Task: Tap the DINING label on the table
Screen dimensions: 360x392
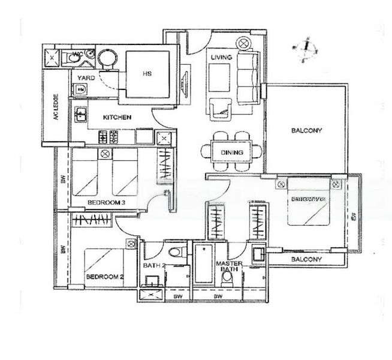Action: [231, 152]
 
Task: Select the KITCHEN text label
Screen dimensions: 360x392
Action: [117, 118]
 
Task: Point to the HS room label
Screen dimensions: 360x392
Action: [147, 75]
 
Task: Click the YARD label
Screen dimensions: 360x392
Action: [86, 78]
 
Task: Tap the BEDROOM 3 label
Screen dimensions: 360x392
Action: [105, 203]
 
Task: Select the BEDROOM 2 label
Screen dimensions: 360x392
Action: [104, 277]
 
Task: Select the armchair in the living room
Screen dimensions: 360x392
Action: [221, 108]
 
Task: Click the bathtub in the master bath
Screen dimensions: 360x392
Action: [204, 264]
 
